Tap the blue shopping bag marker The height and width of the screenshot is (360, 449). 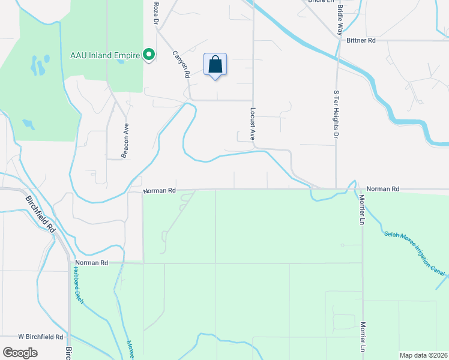[x=215, y=65]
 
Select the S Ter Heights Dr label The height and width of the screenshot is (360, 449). [x=336, y=114]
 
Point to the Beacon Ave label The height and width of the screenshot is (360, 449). [x=125, y=142]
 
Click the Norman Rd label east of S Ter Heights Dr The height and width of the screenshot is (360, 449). [x=382, y=188]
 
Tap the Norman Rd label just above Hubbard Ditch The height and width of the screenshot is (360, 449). [x=92, y=263]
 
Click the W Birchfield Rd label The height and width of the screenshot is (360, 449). [x=41, y=337]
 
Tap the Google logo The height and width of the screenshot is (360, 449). [x=20, y=352]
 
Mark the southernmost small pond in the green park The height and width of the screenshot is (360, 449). [x=28, y=124]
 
